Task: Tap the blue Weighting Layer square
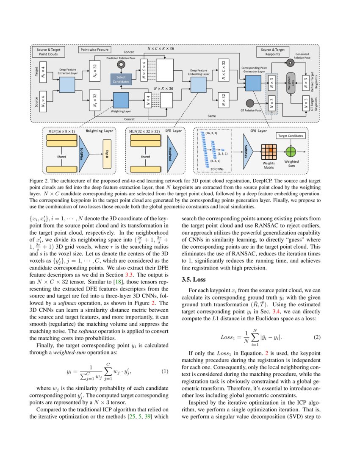pyautogui.click(x=121, y=100)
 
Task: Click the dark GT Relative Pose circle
pyautogui.click(x=250, y=103)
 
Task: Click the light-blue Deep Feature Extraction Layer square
pyautogui.click(x=66, y=85)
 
